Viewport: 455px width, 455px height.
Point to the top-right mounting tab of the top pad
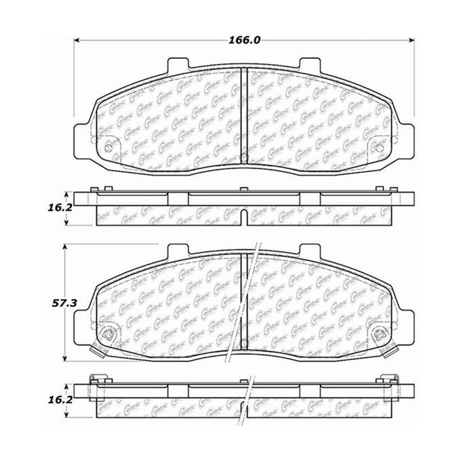[310, 64]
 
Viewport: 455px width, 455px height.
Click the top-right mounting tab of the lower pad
[310, 252]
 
